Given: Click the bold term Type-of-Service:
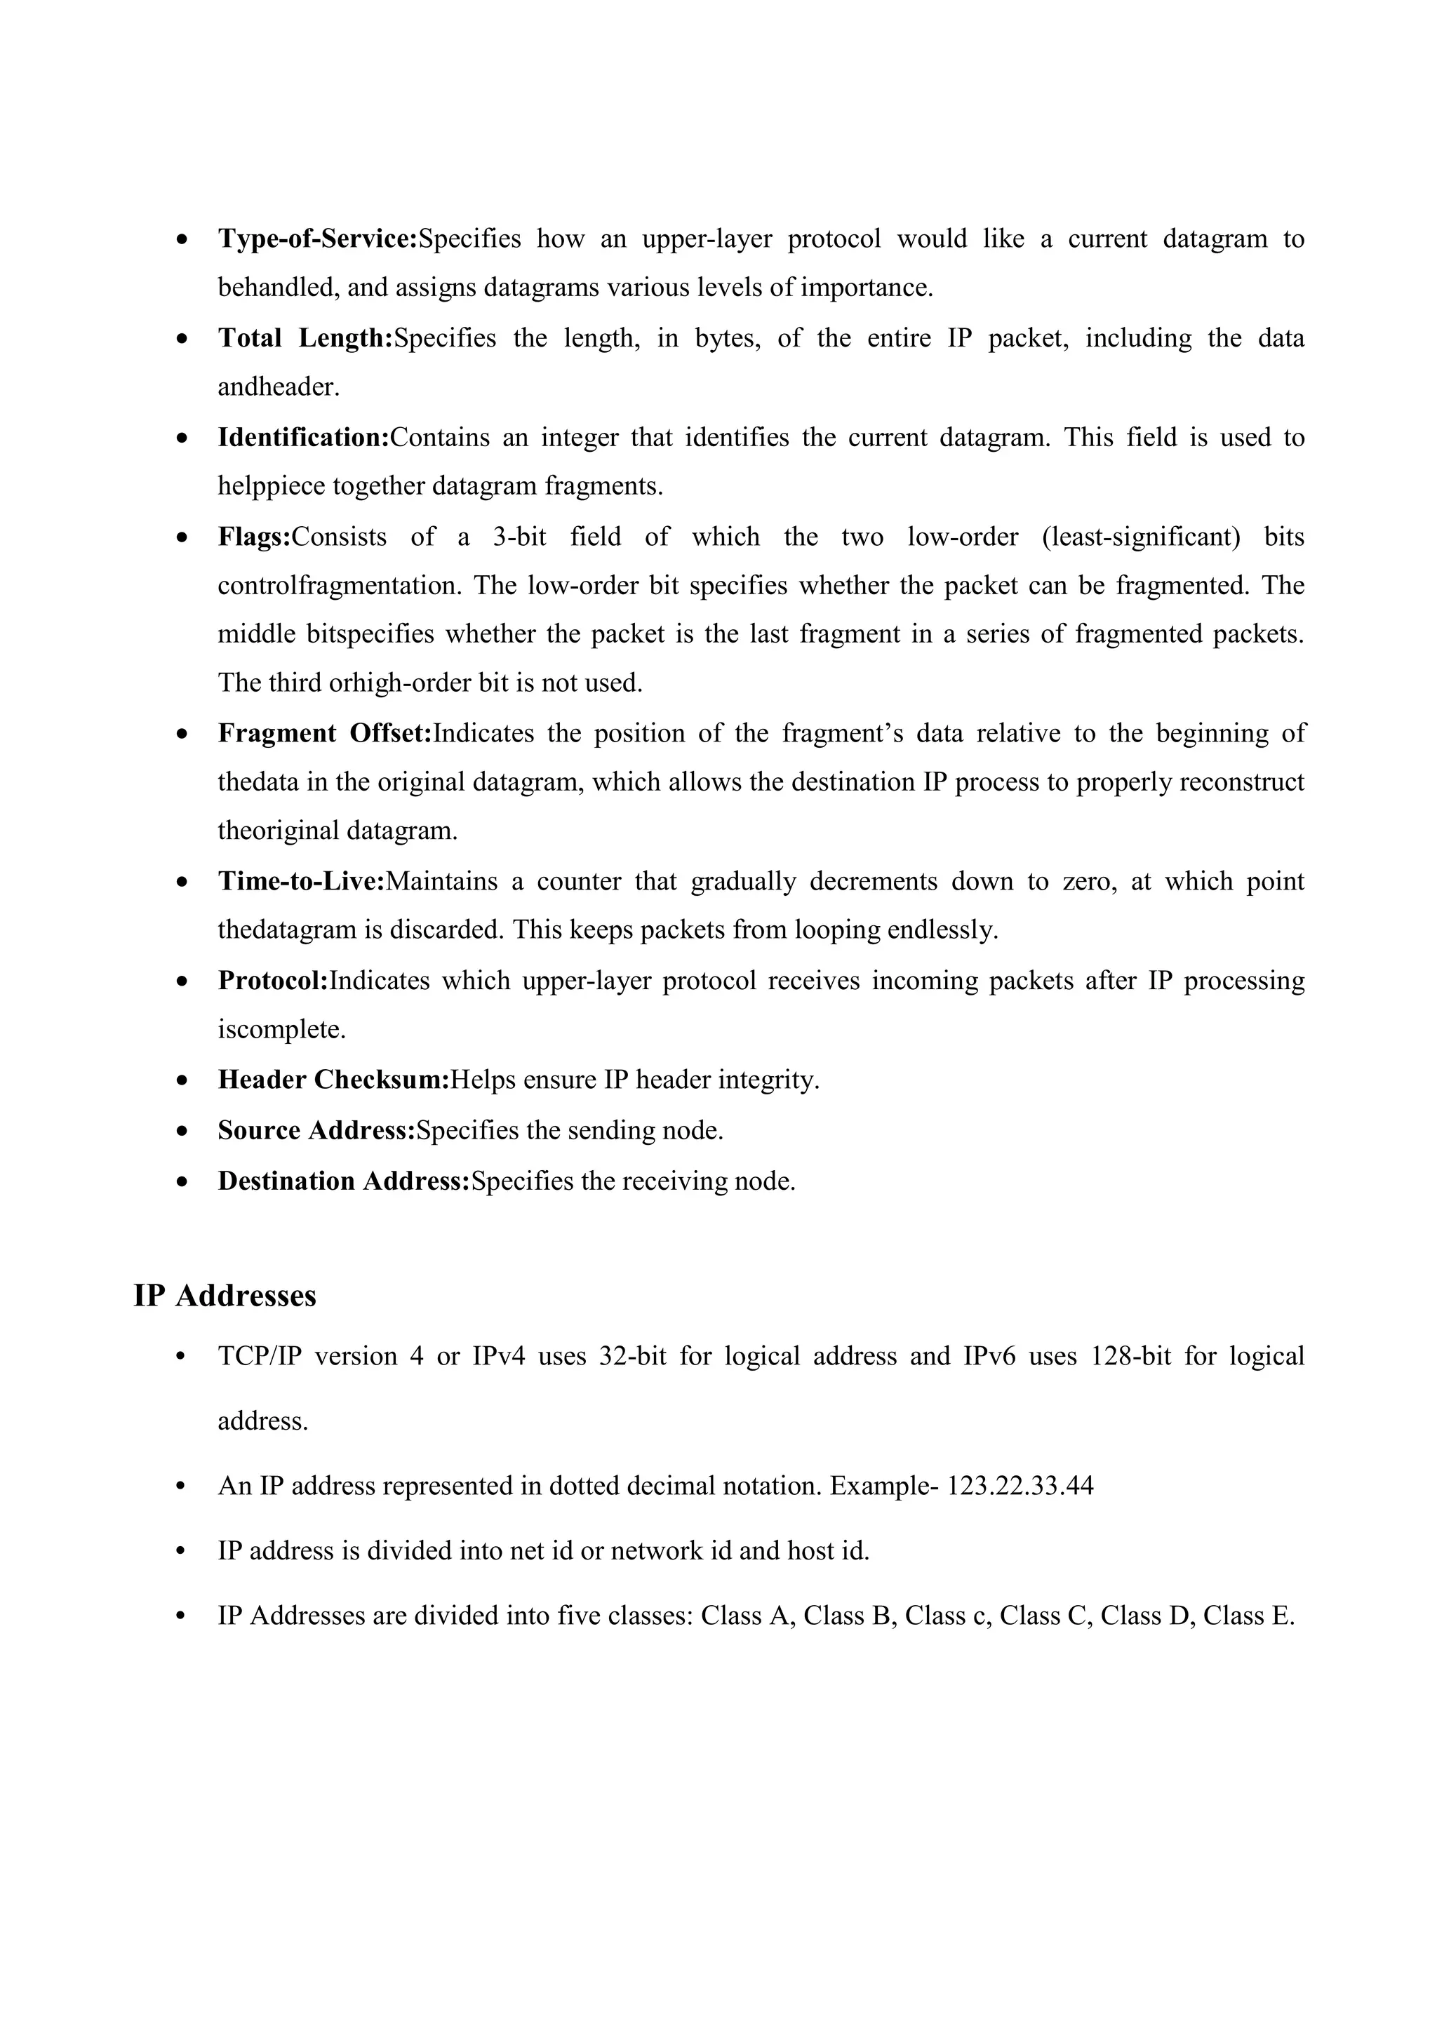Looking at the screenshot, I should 317,239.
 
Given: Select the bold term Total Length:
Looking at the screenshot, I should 305,338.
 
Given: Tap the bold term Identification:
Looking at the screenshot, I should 304,438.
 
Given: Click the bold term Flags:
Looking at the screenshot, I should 254,537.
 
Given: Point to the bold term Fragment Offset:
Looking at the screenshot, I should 324,733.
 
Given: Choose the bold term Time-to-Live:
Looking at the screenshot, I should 301,882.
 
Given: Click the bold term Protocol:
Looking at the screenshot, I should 273,981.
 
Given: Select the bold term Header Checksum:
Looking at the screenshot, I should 334,1080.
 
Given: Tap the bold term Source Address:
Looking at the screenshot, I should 316,1131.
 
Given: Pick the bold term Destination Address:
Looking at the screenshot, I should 344,1181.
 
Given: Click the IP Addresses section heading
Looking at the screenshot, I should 225,1296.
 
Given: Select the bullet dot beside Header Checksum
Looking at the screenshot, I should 182,1081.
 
